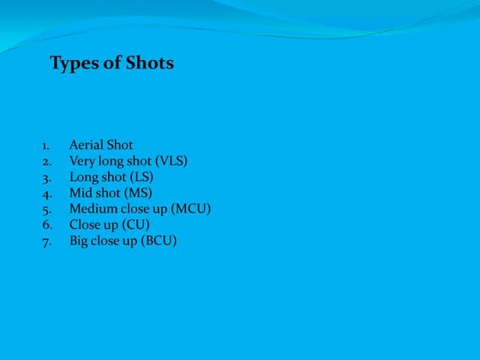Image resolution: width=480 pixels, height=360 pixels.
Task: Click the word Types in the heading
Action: (x=73, y=63)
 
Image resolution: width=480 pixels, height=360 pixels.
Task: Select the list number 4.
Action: (x=46, y=194)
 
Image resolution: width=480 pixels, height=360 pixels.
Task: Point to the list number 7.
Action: (x=46, y=242)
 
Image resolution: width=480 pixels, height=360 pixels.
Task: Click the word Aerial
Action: (x=86, y=145)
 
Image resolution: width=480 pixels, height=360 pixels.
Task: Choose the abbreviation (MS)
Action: (x=138, y=193)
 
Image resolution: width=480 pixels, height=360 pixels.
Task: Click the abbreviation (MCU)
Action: (x=191, y=209)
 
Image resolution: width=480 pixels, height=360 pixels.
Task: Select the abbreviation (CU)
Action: (x=135, y=225)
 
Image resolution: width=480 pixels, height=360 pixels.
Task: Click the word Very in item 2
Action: (x=82, y=161)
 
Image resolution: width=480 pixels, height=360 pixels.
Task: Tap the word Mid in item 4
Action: (x=81, y=193)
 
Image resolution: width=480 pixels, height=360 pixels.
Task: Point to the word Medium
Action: (x=93, y=209)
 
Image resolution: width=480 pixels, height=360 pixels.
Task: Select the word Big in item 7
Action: (x=80, y=242)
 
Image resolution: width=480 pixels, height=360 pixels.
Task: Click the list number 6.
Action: (x=46, y=225)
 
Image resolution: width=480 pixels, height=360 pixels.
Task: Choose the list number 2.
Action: (x=46, y=161)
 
